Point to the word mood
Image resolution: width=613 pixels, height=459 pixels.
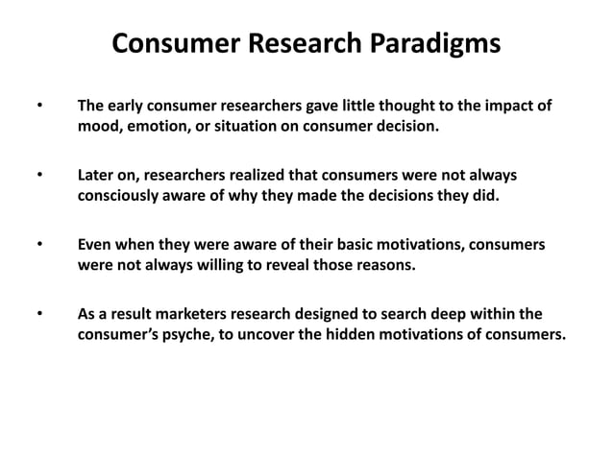tap(99, 126)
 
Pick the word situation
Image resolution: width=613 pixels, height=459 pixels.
tap(252, 126)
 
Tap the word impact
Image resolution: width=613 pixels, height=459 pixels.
tap(507, 106)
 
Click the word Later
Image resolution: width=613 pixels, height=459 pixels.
tap(98, 176)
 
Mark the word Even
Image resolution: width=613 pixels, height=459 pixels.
tap(96, 245)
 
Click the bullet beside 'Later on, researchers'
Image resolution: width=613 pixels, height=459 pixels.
tap(39, 176)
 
